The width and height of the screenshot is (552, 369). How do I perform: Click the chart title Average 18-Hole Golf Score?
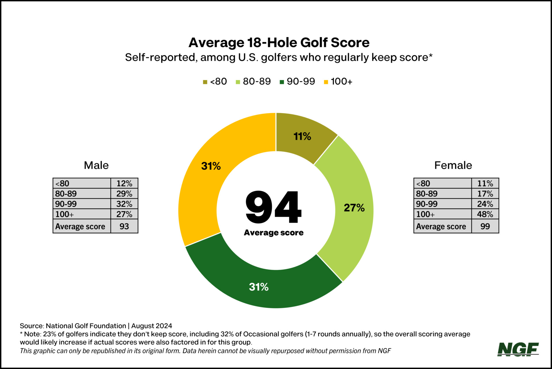click(x=279, y=43)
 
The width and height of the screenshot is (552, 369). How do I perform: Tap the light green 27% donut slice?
click(x=354, y=208)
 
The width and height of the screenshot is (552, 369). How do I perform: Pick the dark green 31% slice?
click(x=259, y=287)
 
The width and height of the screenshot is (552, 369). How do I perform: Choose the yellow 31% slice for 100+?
click(x=211, y=166)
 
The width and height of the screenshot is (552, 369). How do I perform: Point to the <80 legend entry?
click(x=215, y=82)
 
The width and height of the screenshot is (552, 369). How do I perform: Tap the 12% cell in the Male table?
click(x=124, y=183)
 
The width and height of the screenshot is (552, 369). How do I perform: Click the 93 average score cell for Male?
click(x=124, y=226)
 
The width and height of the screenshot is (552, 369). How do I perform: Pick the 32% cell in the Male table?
click(x=124, y=204)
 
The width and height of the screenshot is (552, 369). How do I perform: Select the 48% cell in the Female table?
click(x=485, y=214)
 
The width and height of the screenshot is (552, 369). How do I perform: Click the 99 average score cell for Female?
click(x=485, y=226)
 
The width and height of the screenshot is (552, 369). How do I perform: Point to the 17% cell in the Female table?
click(x=485, y=194)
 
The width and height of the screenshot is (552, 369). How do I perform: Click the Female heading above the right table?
click(x=453, y=165)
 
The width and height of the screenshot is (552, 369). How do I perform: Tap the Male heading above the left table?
click(x=96, y=165)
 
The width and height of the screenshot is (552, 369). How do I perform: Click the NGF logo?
click(x=518, y=349)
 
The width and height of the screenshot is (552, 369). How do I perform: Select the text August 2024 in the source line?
click(x=152, y=326)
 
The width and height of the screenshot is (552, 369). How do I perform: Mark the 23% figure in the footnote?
click(x=49, y=334)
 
